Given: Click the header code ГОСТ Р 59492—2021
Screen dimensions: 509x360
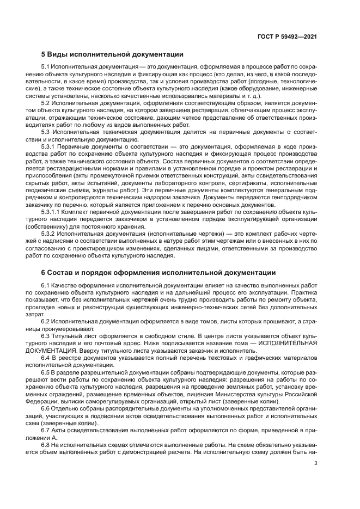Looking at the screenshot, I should (x=287, y=36).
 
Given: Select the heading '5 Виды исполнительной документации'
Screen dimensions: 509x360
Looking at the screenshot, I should (x=112, y=54).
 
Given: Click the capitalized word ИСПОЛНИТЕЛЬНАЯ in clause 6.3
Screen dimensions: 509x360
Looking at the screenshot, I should (x=288, y=343).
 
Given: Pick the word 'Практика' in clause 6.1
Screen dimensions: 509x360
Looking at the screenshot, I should (x=304, y=292).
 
